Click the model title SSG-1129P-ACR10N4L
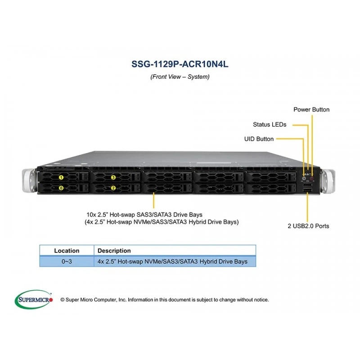coord(180,64)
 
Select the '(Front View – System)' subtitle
coord(180,76)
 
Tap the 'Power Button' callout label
coord(311,109)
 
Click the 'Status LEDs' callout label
coord(270,125)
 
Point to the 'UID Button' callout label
coord(259,139)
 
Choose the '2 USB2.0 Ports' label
coord(308,226)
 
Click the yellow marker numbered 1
coord(61,177)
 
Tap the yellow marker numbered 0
coord(61,188)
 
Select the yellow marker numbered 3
coord(113,177)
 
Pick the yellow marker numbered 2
coord(113,188)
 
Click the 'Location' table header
coord(67,251)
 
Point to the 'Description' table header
coord(114,251)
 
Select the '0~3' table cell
coord(67,261)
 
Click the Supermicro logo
coord(34,299)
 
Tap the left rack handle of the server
coord(29,180)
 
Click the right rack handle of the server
coord(328,181)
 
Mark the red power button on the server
coord(311,178)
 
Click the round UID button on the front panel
coord(305,178)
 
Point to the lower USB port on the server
coord(307,190)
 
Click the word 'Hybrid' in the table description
coord(208,261)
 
